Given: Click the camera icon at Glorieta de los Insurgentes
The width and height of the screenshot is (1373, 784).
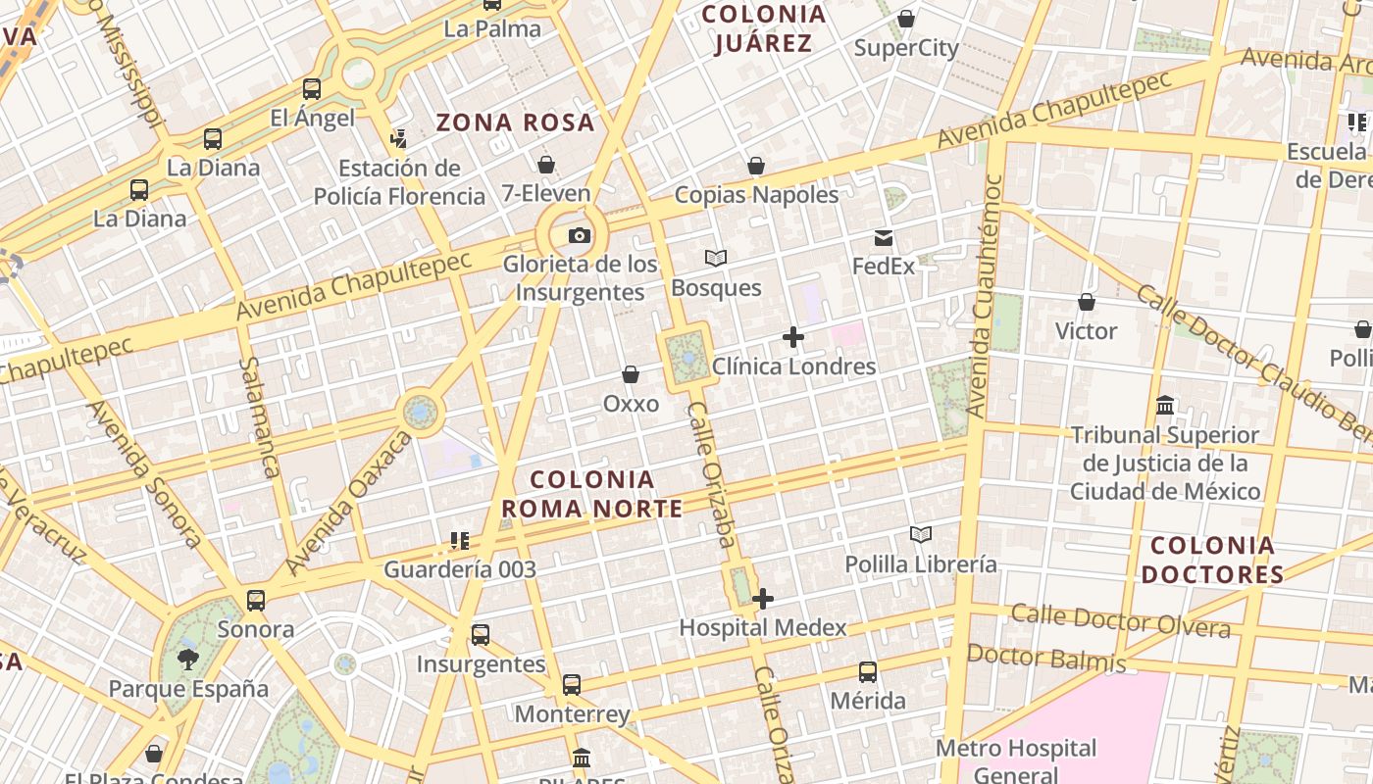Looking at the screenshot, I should point(580,235).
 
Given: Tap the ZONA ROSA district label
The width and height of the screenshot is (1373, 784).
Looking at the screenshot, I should point(516,122).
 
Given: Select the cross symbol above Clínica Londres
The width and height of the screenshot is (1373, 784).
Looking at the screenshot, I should point(793,338).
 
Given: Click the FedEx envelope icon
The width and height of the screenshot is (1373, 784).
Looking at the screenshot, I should point(884,238).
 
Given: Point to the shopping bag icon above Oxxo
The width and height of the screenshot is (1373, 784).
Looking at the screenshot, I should point(631,375).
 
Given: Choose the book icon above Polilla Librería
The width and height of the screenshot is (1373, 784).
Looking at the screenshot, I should point(920,535).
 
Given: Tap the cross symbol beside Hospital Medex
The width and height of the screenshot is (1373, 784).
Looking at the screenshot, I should point(763,599).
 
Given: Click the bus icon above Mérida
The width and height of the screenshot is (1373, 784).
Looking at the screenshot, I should point(868,672).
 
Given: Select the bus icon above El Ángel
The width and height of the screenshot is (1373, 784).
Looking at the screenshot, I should point(312,89).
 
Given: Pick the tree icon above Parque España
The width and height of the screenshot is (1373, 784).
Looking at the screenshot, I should point(187,660).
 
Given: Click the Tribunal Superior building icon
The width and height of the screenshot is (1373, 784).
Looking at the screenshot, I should point(1165,405).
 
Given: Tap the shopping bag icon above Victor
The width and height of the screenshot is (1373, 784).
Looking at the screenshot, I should point(1086,302).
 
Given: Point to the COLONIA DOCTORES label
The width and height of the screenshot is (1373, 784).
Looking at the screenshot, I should point(1212,560).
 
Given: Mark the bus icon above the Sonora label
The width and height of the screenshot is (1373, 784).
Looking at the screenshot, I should point(256,600).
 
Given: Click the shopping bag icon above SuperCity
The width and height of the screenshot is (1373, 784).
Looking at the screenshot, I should point(906,19).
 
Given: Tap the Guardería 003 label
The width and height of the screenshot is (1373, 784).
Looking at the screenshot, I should point(460,569).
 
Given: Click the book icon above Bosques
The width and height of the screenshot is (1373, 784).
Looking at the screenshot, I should point(716,259).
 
